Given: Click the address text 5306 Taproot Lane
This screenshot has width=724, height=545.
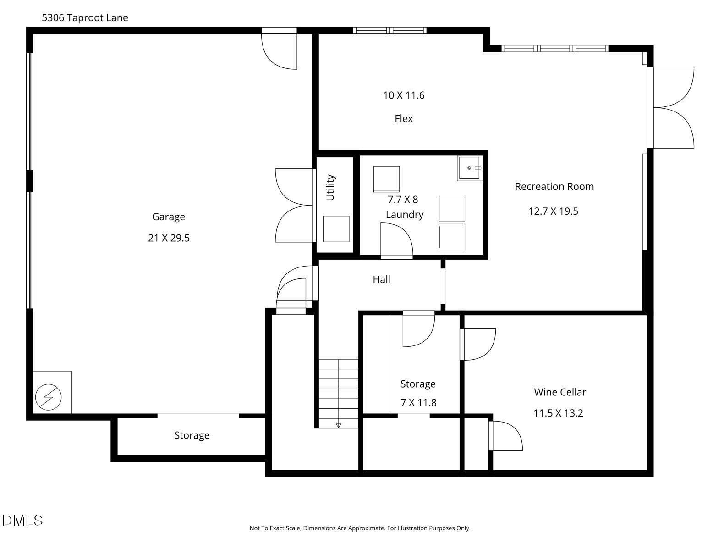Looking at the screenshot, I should pyautogui.click(x=85, y=18).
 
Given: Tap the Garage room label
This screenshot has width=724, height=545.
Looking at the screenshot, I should pyautogui.click(x=168, y=217).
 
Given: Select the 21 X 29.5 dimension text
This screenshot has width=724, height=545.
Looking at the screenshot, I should pyautogui.click(x=169, y=238).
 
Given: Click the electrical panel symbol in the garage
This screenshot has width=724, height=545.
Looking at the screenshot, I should pyautogui.click(x=49, y=396).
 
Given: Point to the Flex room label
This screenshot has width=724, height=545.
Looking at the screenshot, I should pyautogui.click(x=404, y=119).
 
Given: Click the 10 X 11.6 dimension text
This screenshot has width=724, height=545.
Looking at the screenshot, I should pyautogui.click(x=404, y=95).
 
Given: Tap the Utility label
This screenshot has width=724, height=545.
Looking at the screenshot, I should pyautogui.click(x=330, y=187).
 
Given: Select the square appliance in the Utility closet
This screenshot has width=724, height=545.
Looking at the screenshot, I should pyautogui.click(x=336, y=228).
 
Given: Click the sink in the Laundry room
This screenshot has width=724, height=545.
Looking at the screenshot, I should pyautogui.click(x=469, y=168).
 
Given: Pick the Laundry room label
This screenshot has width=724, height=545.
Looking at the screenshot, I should pyautogui.click(x=404, y=215).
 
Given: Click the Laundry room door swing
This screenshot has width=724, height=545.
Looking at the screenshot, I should pyautogui.click(x=397, y=239).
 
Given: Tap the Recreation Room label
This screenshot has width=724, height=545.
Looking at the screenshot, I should pyautogui.click(x=554, y=187).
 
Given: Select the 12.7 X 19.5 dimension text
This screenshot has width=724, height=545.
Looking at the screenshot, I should pyautogui.click(x=553, y=211).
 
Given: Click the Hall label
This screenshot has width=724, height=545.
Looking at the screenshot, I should pyautogui.click(x=381, y=279).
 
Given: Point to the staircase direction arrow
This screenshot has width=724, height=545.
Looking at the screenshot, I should pyautogui.click(x=339, y=425).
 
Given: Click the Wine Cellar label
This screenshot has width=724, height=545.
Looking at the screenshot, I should pyautogui.click(x=559, y=392).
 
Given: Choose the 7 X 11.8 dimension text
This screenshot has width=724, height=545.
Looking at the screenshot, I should pyautogui.click(x=418, y=403).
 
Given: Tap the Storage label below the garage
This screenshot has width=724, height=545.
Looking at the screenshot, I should pyautogui.click(x=192, y=435).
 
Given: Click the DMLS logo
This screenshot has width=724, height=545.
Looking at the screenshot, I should pyautogui.click(x=22, y=520).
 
